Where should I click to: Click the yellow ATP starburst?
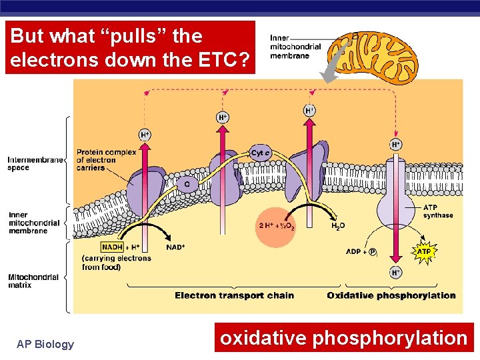(424, 252)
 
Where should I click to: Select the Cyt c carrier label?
(260, 153)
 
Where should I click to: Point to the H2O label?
(339, 226)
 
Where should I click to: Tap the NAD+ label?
(175, 247)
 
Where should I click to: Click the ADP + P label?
(361, 252)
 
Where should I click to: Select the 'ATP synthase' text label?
(438, 211)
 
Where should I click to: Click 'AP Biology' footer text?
(45, 344)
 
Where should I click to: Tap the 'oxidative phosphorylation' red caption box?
(343, 338)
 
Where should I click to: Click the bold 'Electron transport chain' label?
(234, 295)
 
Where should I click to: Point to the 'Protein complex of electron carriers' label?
(106, 160)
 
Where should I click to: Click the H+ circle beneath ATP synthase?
(395, 272)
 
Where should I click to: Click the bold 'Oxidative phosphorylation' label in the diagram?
(391, 295)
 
